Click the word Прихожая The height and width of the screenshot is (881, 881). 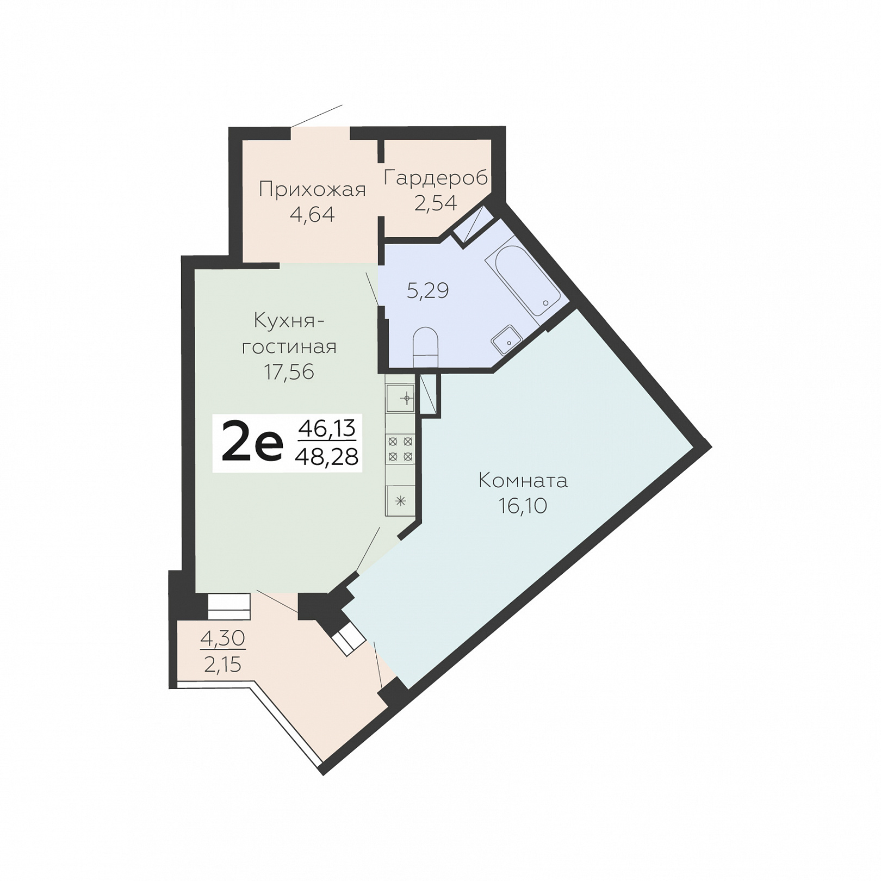click(x=312, y=189)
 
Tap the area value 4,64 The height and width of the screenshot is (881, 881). click(x=312, y=214)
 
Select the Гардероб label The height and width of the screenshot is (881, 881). click(x=436, y=177)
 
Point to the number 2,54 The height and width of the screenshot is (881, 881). click(x=436, y=203)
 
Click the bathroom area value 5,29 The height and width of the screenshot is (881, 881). click(x=428, y=290)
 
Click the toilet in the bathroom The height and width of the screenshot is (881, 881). click(x=425, y=347)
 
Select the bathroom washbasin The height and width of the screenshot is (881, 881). click(x=507, y=339)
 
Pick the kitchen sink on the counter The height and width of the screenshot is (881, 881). click(x=400, y=399)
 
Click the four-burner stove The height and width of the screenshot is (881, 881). click(x=400, y=449)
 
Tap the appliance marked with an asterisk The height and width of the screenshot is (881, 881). click(x=400, y=501)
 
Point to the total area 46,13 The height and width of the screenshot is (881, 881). click(x=327, y=429)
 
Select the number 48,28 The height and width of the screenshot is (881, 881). click(x=326, y=457)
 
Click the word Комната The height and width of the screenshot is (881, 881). click(x=523, y=481)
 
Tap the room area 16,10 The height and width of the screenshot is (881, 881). click(x=523, y=506)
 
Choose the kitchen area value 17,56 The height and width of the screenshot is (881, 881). click(x=289, y=372)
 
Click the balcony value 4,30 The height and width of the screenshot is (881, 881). click(x=223, y=638)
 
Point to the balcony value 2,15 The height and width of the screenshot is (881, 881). click(x=222, y=664)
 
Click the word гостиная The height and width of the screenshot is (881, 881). click(x=289, y=346)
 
